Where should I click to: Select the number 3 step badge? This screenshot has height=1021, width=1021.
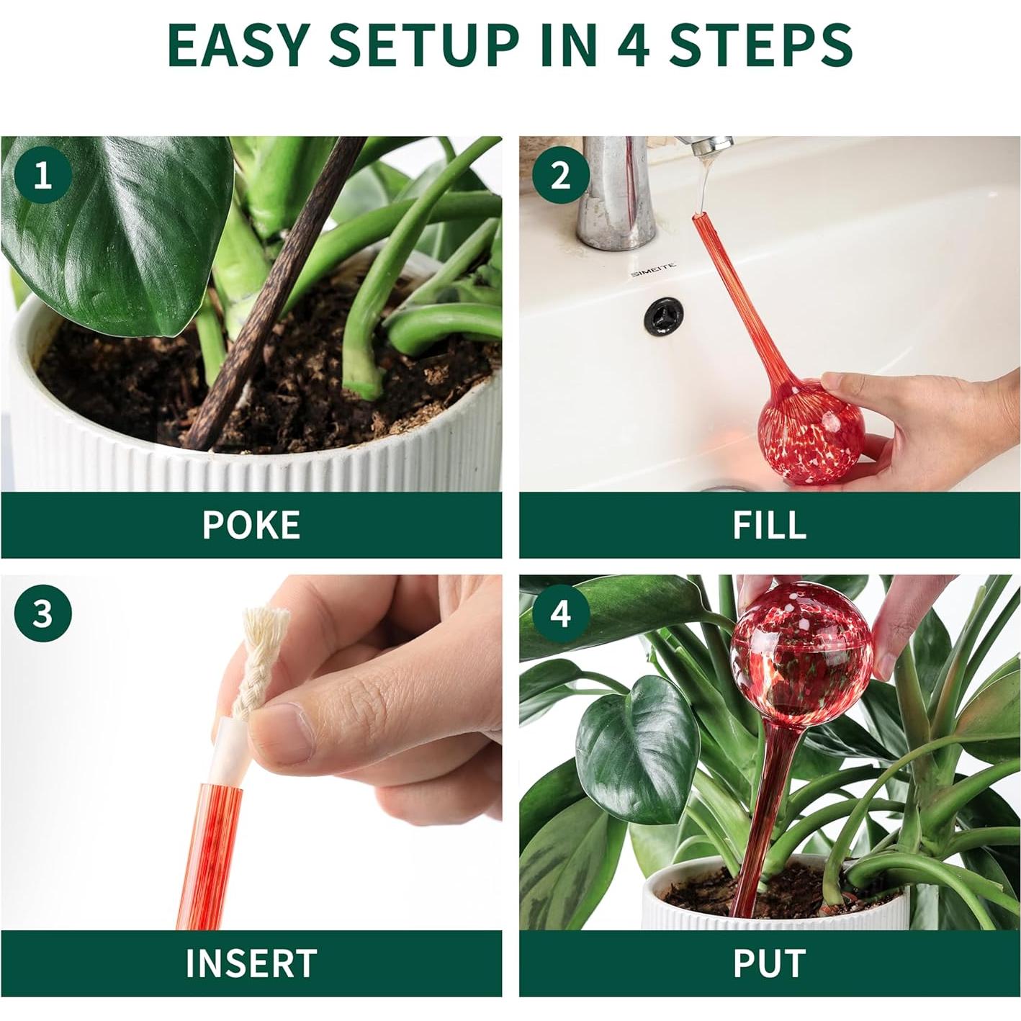click(x=43, y=613)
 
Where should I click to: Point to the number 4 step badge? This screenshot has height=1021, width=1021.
click(x=561, y=613)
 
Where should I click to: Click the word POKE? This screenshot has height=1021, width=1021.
click(x=251, y=525)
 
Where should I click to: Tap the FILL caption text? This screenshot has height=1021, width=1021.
click(x=769, y=525)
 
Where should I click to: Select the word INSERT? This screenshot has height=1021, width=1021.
click(x=251, y=962)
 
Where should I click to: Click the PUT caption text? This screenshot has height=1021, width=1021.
click(x=769, y=962)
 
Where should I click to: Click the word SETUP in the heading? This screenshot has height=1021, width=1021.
click(x=423, y=45)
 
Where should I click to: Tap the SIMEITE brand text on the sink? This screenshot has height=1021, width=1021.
click(x=653, y=271)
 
